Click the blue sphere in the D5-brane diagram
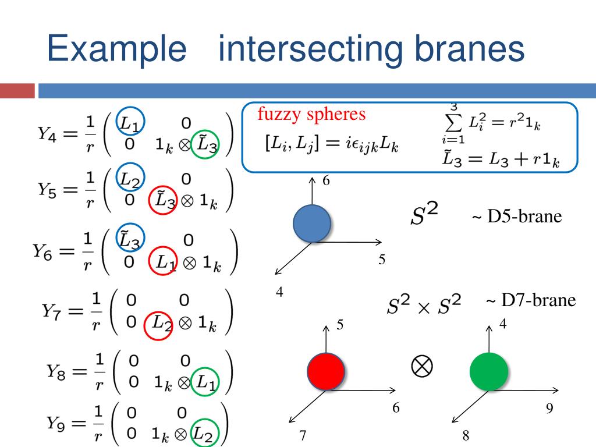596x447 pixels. point(312,223)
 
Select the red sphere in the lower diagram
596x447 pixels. point(326,371)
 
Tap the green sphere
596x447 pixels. point(489,371)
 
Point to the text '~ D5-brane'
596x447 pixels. point(517,217)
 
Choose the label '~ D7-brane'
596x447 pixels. point(530,300)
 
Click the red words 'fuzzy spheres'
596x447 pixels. point(312,115)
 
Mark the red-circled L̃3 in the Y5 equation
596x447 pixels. point(163,200)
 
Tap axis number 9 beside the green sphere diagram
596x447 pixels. point(549,409)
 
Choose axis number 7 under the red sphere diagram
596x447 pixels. point(303,436)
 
